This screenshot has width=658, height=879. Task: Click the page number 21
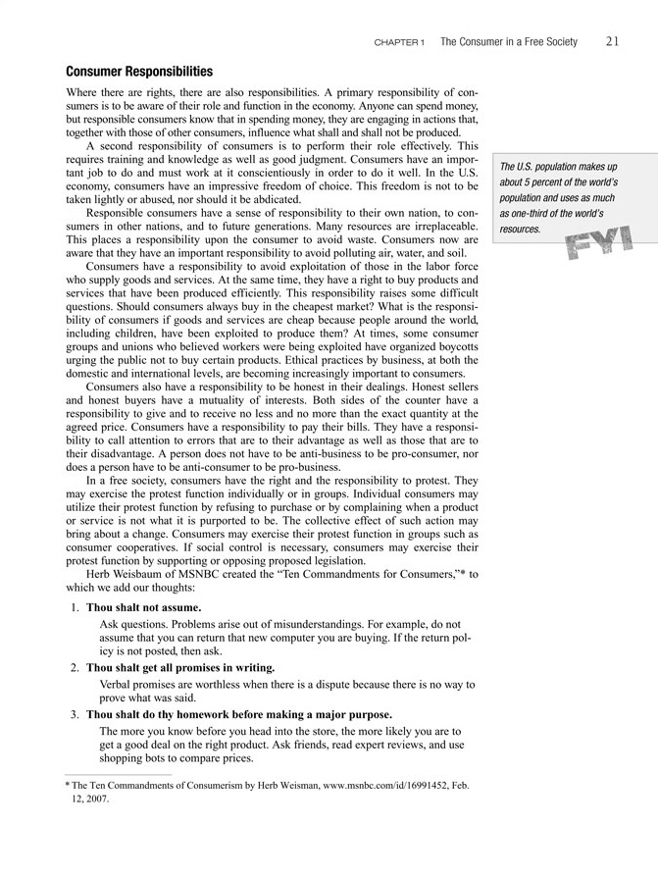pos(612,41)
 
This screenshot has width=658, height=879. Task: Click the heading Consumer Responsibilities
pos(139,72)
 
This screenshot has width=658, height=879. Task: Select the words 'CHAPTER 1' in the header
pos(399,42)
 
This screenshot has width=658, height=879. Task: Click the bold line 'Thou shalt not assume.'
pos(143,608)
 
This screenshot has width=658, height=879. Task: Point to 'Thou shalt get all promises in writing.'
pos(180,667)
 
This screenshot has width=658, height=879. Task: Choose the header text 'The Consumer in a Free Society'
pos(509,42)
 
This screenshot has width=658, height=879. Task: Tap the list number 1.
pos(74,608)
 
